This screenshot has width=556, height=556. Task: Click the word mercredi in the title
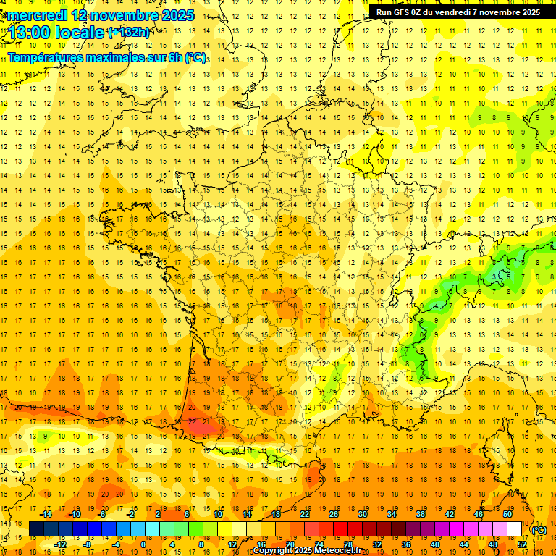point(38,15)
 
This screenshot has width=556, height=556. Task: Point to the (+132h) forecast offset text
point(129,33)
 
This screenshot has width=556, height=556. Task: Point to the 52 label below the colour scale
point(522,544)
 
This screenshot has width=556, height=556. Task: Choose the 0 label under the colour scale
point(143,544)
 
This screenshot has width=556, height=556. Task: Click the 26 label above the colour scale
point(334,514)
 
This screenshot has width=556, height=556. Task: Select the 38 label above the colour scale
point(421,514)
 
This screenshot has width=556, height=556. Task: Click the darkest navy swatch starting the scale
point(36,529)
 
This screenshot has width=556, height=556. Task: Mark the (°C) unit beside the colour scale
point(539,530)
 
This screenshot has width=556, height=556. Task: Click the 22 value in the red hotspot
point(192,421)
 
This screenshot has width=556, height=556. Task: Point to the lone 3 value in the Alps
point(494,277)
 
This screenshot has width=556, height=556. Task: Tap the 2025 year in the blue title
point(177,15)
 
